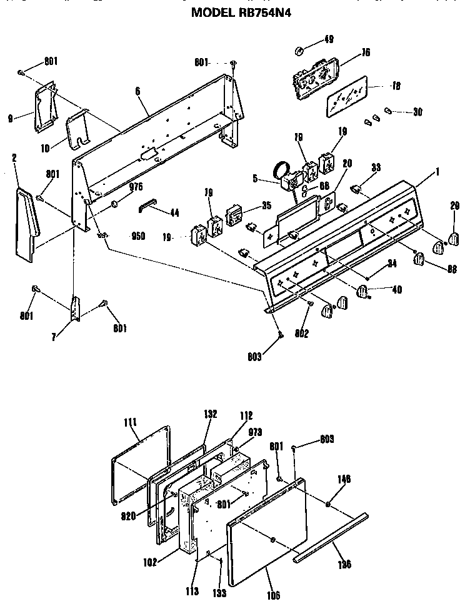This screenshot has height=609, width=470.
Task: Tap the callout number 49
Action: coord(328,40)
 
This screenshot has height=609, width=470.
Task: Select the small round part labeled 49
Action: coord(299,50)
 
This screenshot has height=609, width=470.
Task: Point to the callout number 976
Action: coord(136,186)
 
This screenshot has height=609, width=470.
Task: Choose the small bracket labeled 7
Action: coord(76,308)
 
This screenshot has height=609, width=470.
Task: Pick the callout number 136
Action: coord(344,564)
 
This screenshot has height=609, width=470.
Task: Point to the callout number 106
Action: coord(274,595)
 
